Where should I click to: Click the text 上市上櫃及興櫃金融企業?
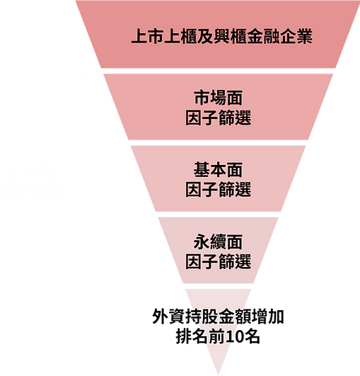[221, 37]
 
